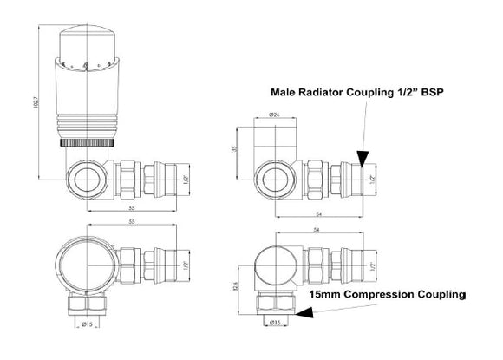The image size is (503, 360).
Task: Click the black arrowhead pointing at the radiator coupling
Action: (362, 157)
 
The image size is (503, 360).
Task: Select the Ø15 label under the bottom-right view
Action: (276, 324)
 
